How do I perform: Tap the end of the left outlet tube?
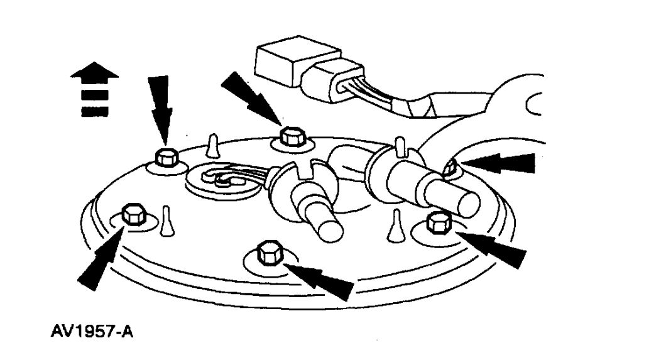[x=330, y=229]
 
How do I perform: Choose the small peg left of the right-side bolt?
[x=396, y=226]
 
